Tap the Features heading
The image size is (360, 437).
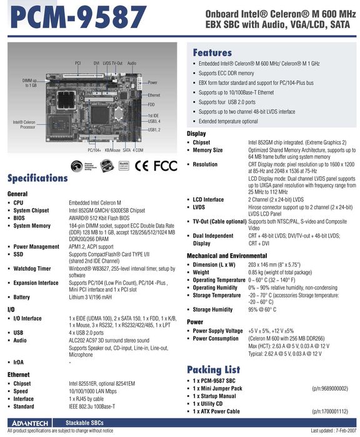[212, 53]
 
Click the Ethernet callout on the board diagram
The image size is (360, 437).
[154, 95]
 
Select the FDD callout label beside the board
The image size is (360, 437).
[151, 104]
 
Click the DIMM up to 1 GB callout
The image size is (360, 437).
[29, 83]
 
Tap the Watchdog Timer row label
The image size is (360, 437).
[32, 268]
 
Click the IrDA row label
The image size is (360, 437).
[19, 363]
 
